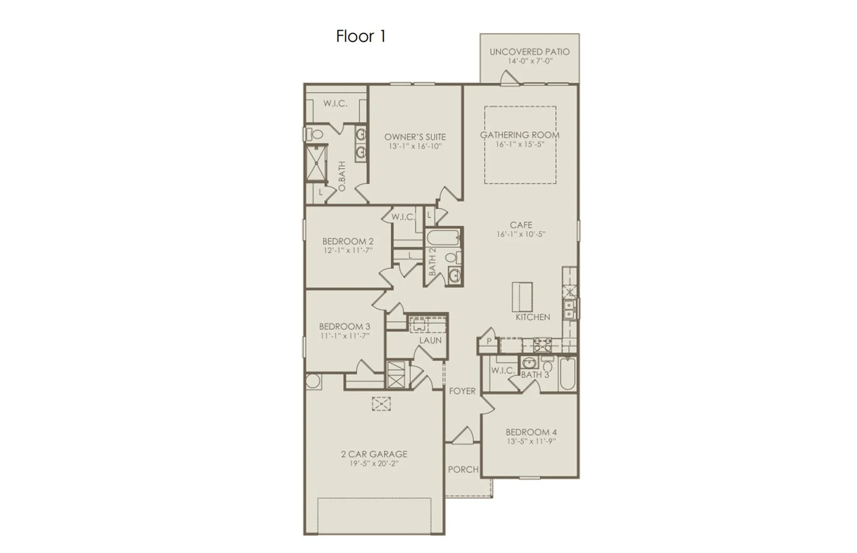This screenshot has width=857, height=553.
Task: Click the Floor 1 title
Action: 360,36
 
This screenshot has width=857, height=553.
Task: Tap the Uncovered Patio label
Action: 529,52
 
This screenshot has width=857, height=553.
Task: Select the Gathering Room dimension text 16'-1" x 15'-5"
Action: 520,144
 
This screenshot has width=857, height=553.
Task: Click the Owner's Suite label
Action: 415,137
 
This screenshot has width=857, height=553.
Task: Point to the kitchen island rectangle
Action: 522,297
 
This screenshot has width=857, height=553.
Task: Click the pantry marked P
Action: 489,341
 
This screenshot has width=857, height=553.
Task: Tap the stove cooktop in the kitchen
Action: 542,344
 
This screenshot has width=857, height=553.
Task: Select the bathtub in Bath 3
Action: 567,374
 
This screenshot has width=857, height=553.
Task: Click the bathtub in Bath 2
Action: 443,237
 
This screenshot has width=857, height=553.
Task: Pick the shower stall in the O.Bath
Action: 316,163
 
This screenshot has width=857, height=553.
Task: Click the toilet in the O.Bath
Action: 315,134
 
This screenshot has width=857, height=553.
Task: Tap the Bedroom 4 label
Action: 531,432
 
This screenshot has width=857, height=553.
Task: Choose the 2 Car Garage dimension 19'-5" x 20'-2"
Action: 374,464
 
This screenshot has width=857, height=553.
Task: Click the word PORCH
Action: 463,470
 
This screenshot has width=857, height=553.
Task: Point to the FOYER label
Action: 462,391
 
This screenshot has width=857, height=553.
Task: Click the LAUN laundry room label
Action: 430,341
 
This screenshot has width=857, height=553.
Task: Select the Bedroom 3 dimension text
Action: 344,336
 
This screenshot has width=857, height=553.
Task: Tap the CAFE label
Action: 521,225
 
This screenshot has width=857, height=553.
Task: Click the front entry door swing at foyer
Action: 464,435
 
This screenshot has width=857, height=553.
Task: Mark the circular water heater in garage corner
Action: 313,381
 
